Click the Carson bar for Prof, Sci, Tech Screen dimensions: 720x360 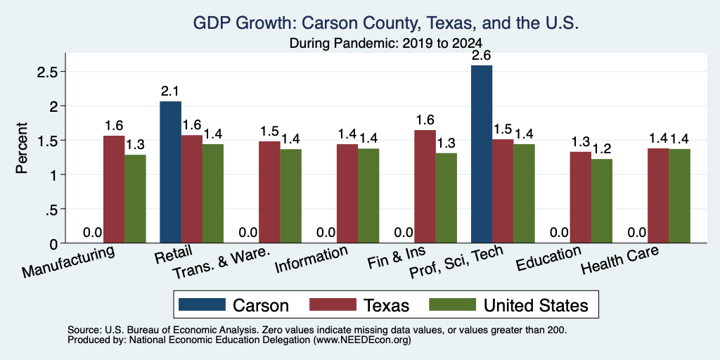tap(482, 154)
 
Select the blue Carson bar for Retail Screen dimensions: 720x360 tap(170, 172)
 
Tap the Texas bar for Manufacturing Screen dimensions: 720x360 tap(114, 189)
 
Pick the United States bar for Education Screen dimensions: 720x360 tap(602, 201)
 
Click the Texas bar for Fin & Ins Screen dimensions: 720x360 tap(425, 186)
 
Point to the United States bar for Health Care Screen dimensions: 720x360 tap(680, 196)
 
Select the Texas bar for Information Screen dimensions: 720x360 tap(347, 193)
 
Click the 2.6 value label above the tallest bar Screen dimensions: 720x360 tap(482, 56)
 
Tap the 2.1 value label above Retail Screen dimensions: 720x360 tap(170, 92)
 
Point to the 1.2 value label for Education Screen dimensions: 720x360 tap(602, 150)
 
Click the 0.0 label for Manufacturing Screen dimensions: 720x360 tap(92, 233)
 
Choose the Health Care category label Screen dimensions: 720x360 tap(619, 261)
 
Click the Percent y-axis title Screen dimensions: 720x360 tap(22, 148)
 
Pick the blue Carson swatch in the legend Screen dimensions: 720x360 tap(202, 304)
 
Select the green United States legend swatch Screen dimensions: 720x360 tap(451, 304)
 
